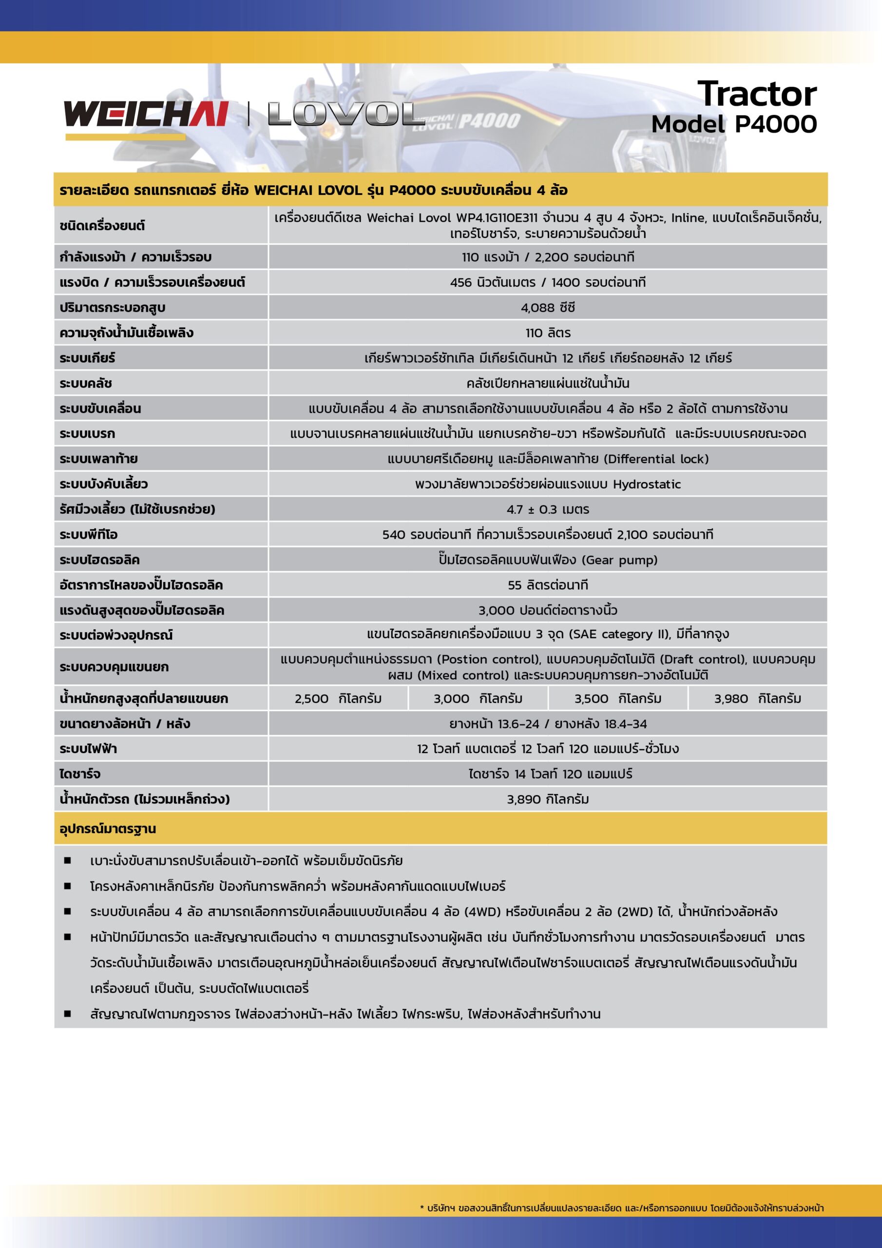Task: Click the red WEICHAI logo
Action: [x=146, y=114]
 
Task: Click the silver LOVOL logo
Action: [x=345, y=114]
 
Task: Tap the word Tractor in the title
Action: [x=756, y=94]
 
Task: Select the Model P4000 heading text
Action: [x=734, y=124]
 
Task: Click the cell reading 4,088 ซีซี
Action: [x=548, y=308]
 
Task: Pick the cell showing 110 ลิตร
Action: [x=548, y=332]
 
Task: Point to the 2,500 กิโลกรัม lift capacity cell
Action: [x=338, y=699]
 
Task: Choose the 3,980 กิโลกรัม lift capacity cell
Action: [x=758, y=699]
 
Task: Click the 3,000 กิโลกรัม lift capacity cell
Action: [x=478, y=699]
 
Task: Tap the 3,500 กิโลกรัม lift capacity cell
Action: [x=618, y=699]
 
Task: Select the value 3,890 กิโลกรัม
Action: [x=548, y=799]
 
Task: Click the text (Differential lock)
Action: [x=656, y=459]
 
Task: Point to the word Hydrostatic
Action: [x=647, y=484]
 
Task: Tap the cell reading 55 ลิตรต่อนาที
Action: [x=548, y=585]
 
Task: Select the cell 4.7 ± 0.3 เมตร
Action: [x=548, y=509]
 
